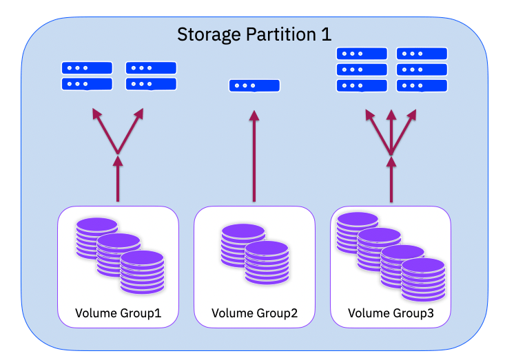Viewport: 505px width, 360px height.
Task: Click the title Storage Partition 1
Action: [x=254, y=34]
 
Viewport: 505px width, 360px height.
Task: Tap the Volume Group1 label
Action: [x=118, y=313]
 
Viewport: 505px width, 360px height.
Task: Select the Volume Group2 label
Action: [x=254, y=313]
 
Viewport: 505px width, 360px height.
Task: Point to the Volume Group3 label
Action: [x=391, y=313]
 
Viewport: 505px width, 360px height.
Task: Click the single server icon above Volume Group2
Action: [x=254, y=86]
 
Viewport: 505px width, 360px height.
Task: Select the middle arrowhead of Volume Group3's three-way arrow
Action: [x=391, y=114]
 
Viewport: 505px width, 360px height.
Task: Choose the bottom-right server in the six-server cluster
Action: [x=422, y=86]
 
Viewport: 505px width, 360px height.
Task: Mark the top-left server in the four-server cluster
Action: [x=87, y=68]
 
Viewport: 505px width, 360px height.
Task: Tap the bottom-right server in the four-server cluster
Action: [x=151, y=84]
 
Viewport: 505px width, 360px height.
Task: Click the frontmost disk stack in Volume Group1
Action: [x=142, y=273]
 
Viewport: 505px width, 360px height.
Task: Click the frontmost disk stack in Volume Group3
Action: [x=424, y=278]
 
